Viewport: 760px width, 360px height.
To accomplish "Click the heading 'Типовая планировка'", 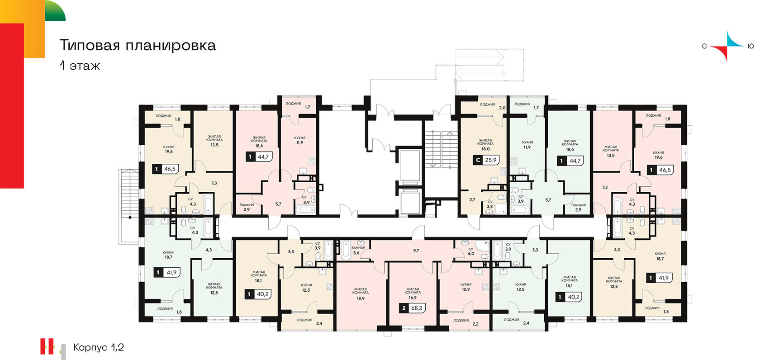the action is (138, 46).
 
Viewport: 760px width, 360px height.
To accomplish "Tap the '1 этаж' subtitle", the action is (80, 66).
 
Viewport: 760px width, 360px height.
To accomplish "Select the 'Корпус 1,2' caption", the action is (99, 347).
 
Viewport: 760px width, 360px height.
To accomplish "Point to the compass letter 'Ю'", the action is (751, 46).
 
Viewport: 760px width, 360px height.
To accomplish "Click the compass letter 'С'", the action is (704, 46).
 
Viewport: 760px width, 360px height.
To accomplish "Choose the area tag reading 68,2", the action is (417, 308).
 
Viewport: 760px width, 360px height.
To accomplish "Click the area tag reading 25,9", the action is (491, 160).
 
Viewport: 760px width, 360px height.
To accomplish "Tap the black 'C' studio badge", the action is (478, 160).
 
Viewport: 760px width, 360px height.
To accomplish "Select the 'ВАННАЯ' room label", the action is (358, 248).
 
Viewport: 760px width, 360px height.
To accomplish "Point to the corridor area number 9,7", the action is (416, 251).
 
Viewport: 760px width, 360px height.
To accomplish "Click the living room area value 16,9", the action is (413, 298).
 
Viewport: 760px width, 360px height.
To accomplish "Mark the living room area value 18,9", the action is (360, 298).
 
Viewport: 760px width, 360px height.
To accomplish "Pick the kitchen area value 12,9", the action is (466, 289).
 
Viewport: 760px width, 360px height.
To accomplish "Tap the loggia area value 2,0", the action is (502, 108).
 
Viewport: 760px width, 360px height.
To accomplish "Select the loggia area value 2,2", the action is (475, 324).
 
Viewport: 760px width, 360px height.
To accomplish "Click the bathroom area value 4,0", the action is (470, 253).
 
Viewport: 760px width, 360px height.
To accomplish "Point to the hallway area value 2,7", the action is (472, 200).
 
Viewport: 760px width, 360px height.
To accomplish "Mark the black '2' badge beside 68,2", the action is (404, 308).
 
